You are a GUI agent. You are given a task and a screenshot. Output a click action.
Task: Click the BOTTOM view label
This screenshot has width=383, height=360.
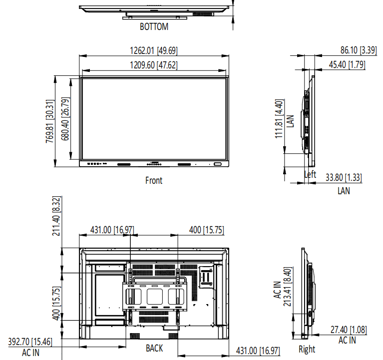pos(154,26)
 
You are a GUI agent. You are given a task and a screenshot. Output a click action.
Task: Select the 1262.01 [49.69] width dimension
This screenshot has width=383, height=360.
pos(154,50)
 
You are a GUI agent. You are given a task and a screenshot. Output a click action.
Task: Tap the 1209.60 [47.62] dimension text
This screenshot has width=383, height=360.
pos(154,65)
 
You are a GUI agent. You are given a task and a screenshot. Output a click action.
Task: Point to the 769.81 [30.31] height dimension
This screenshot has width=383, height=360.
pos(50,121)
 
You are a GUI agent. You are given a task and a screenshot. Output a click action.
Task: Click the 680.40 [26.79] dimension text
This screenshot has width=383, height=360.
pos(65,119)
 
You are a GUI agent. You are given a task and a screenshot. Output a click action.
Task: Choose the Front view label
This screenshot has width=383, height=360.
pos(154,180)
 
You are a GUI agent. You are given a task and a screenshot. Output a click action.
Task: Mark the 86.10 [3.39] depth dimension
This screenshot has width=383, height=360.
pos(359,50)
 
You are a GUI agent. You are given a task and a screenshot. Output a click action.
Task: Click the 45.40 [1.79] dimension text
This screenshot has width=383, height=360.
pos(347,65)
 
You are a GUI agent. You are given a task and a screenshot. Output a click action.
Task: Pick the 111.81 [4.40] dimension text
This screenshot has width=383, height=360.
pos(279,119)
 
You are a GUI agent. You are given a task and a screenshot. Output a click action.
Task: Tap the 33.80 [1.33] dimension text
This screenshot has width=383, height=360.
pos(344,177)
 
